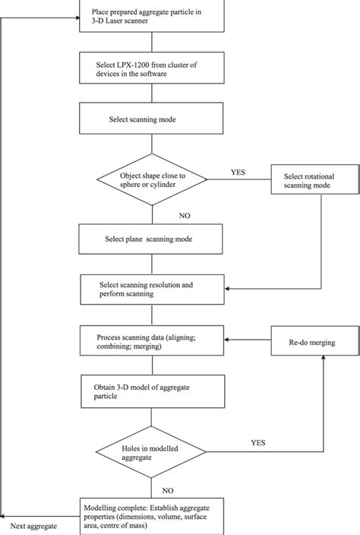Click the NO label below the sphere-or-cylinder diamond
pyautogui.click(x=185, y=215)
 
